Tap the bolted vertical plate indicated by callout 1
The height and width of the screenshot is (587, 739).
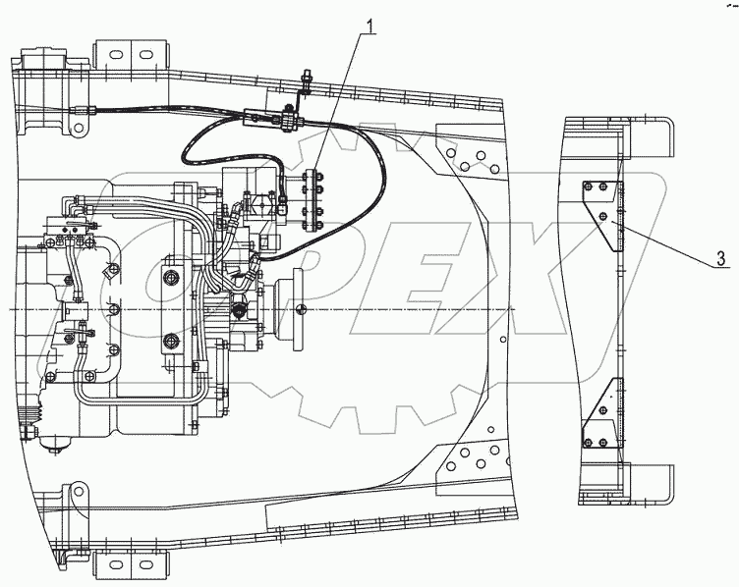[x=315, y=198]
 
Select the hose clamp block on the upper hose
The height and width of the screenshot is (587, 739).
[x=291, y=123]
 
